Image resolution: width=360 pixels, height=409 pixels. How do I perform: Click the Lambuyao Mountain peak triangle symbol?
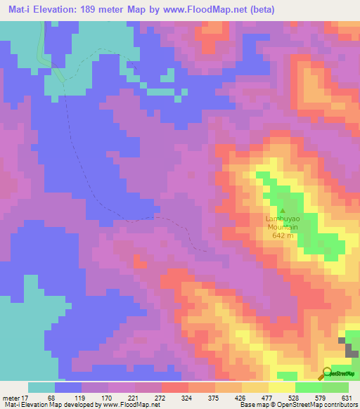(x=283, y=210)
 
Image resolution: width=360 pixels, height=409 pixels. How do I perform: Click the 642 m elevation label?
(x=283, y=235)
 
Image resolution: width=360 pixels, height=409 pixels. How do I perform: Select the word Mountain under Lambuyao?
(x=283, y=228)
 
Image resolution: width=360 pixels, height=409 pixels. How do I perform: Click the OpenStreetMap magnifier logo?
(x=328, y=372)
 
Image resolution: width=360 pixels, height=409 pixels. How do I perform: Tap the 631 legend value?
(x=345, y=397)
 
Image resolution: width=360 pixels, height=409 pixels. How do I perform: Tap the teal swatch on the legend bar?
(x=41, y=387)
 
